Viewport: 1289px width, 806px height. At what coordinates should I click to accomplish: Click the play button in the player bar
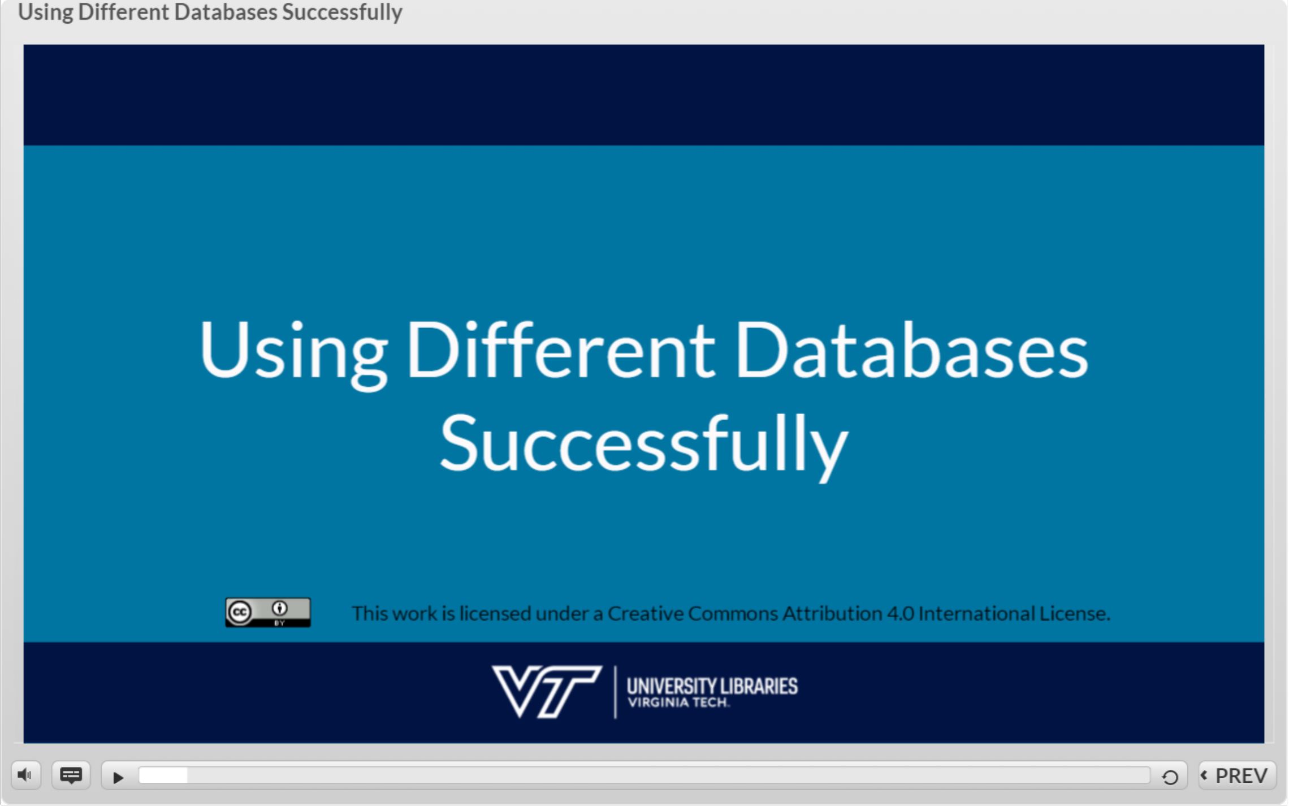point(118,777)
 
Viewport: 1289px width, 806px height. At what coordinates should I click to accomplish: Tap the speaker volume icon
point(25,775)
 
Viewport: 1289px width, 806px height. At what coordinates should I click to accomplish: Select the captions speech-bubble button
point(71,775)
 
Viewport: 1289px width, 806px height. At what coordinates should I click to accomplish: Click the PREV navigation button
point(1237,775)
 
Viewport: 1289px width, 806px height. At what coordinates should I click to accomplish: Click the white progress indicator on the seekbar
point(163,775)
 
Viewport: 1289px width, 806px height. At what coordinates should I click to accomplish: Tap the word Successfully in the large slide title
point(644,445)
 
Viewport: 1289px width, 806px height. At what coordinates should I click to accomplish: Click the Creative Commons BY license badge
point(268,613)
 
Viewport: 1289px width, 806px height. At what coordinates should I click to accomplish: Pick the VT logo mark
point(546,691)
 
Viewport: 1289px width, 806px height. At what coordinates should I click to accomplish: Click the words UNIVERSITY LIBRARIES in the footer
point(712,686)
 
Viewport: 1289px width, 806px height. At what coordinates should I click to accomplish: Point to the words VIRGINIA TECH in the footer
point(678,703)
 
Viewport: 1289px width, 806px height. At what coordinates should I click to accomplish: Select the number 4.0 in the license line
point(900,613)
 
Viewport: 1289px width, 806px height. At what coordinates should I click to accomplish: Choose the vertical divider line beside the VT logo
point(615,692)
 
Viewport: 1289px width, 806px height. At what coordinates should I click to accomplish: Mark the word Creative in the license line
point(645,613)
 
